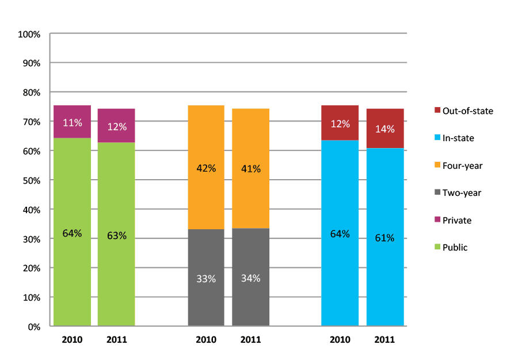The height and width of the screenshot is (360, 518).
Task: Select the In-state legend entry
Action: pos(458,138)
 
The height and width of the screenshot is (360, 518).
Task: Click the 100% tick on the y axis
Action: pos(29,34)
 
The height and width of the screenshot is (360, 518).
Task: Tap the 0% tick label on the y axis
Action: pos(33,327)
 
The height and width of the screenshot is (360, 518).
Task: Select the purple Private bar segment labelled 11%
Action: pos(73,122)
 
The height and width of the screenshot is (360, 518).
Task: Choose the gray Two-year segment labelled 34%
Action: pos(250,278)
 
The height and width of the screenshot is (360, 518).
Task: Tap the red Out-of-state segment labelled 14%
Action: pos(385,128)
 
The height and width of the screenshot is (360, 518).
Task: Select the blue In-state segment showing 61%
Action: pos(385,237)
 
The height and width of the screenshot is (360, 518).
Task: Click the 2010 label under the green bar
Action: pos(73,340)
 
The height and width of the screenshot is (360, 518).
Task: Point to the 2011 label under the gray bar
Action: pos(250,340)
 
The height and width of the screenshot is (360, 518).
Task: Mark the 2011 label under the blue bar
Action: pos(385,340)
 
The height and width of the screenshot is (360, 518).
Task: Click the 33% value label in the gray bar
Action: pos(206,279)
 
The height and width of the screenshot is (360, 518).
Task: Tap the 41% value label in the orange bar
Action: pos(250,169)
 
